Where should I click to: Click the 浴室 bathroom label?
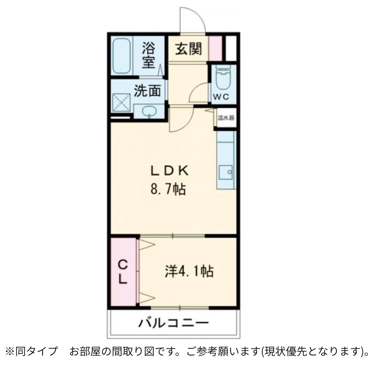148,55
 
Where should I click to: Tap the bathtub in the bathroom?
122,56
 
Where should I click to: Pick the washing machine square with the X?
121,102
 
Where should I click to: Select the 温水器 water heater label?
226,118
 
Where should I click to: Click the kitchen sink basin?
225,172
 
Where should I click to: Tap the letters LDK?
169,171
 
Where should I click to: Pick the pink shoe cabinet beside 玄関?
215,49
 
